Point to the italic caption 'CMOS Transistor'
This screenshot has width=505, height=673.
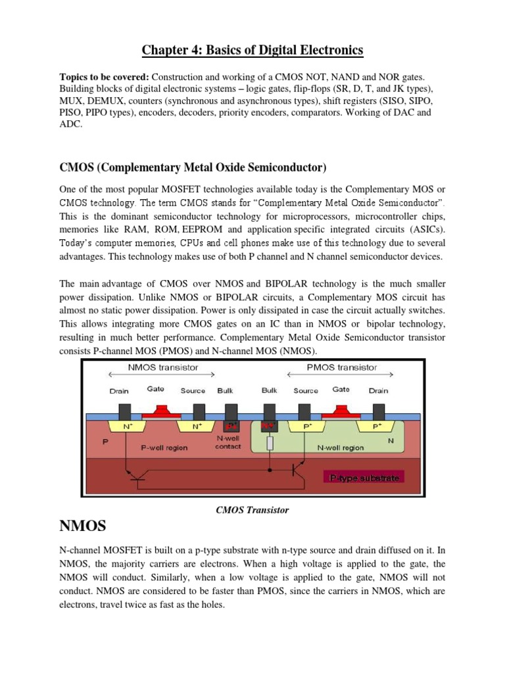pyautogui.click(x=252, y=509)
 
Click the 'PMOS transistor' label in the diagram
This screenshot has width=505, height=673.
pyautogui.click(x=343, y=367)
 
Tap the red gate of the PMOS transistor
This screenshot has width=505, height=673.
pyautogui.click(x=341, y=412)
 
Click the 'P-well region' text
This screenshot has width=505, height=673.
pyautogui.click(x=164, y=448)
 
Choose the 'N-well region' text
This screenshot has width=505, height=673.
pyautogui.click(x=340, y=448)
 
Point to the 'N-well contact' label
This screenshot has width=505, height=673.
pyautogui.click(x=228, y=442)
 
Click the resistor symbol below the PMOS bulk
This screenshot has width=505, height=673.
pyautogui.click(x=270, y=444)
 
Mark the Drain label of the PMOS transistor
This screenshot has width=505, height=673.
pyautogui.click(x=378, y=390)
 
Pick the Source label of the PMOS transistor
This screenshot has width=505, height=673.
pyautogui.click(x=305, y=390)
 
